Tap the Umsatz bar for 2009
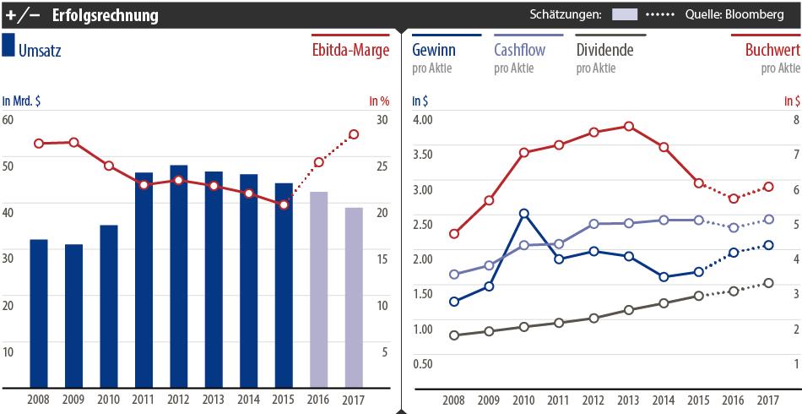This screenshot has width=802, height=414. pos(74,316)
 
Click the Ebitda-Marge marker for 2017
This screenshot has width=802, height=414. pos(354,134)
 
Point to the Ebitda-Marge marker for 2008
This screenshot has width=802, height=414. pos(39,144)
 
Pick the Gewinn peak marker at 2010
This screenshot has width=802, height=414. pos(524,214)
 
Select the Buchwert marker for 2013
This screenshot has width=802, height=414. pos(629,127)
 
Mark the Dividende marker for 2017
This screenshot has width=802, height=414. pos(768,283)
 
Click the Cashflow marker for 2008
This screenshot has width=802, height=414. pos(454,274)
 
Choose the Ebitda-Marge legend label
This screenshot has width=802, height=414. pos(349,51)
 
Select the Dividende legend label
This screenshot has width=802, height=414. pos(604,50)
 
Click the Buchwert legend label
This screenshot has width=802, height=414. pos(772,50)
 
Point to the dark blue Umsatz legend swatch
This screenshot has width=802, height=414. pos(8,46)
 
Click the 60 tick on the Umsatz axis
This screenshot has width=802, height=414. pos(8,119)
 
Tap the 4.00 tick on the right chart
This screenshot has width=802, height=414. pos(421,119)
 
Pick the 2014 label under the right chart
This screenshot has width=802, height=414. pos(664,400)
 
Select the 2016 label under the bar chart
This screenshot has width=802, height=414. pos(318,400)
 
